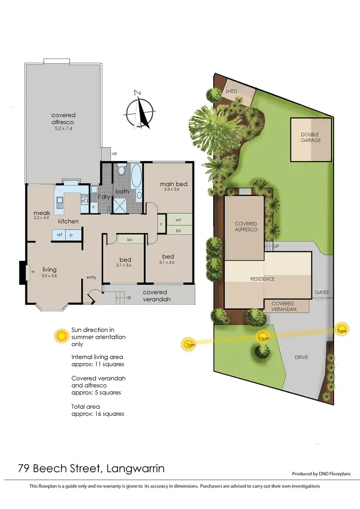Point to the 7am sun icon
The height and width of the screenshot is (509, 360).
pos(341,330)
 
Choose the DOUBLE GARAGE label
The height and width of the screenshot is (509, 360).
pos(311,137)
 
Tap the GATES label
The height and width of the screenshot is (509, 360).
pos(322,292)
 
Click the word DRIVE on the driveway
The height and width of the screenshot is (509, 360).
pos(301,357)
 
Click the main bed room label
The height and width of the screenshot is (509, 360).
pos(174,184)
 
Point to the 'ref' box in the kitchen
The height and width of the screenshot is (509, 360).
pos(60,235)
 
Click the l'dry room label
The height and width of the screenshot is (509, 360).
pos(104,197)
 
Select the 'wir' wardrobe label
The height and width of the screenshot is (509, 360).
pos(178,220)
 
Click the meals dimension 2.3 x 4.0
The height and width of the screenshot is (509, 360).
pos(41,218)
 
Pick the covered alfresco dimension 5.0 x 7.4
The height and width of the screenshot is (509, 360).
pos(63,129)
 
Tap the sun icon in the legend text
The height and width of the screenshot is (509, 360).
pos(61,336)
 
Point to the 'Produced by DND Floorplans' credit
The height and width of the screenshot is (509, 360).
pos(321,473)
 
